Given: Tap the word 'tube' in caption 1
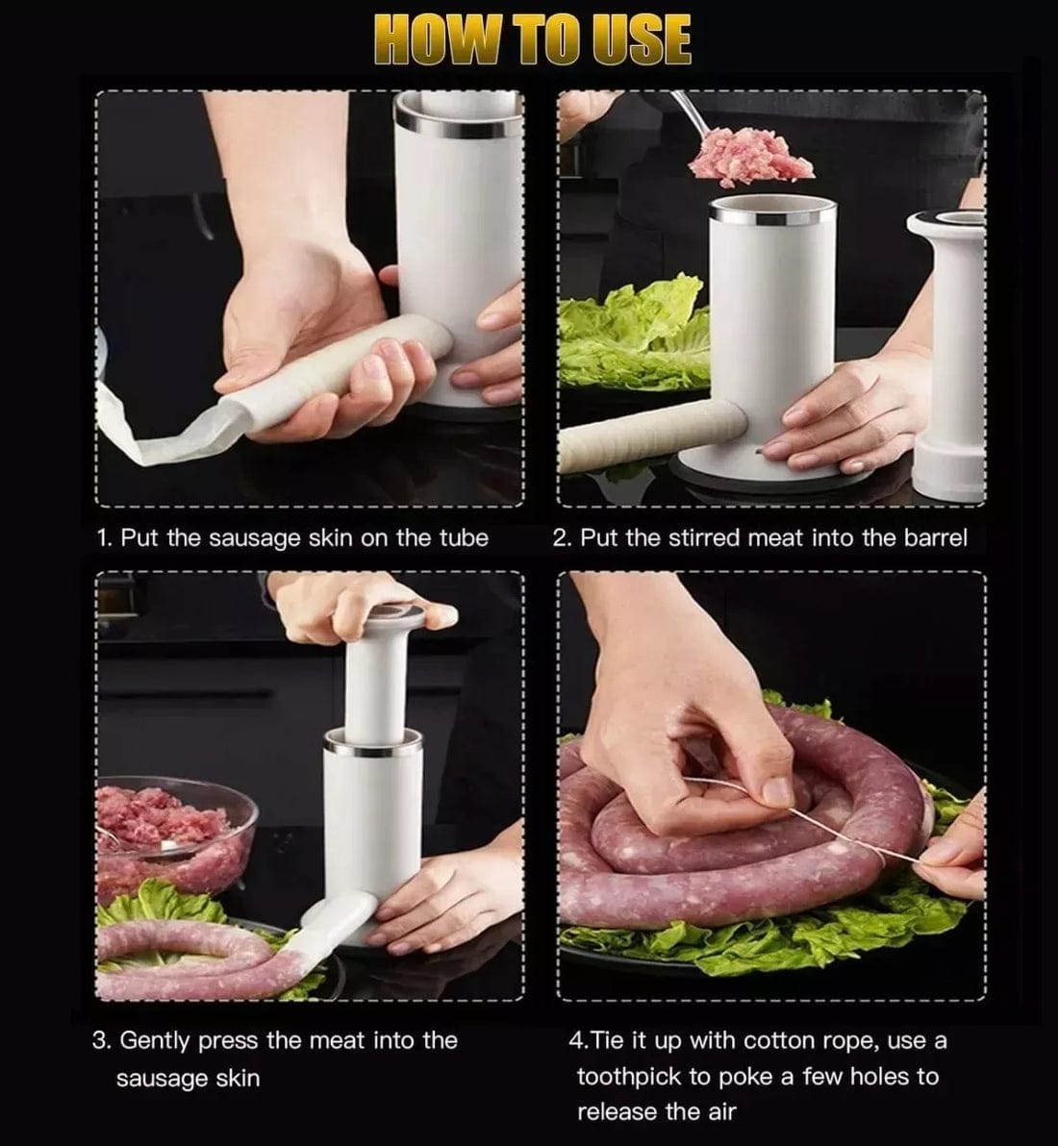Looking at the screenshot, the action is pyautogui.click(x=464, y=538).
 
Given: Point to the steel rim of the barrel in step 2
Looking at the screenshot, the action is pyautogui.click(x=772, y=211).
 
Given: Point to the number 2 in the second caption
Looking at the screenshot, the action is pyautogui.click(x=560, y=538).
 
